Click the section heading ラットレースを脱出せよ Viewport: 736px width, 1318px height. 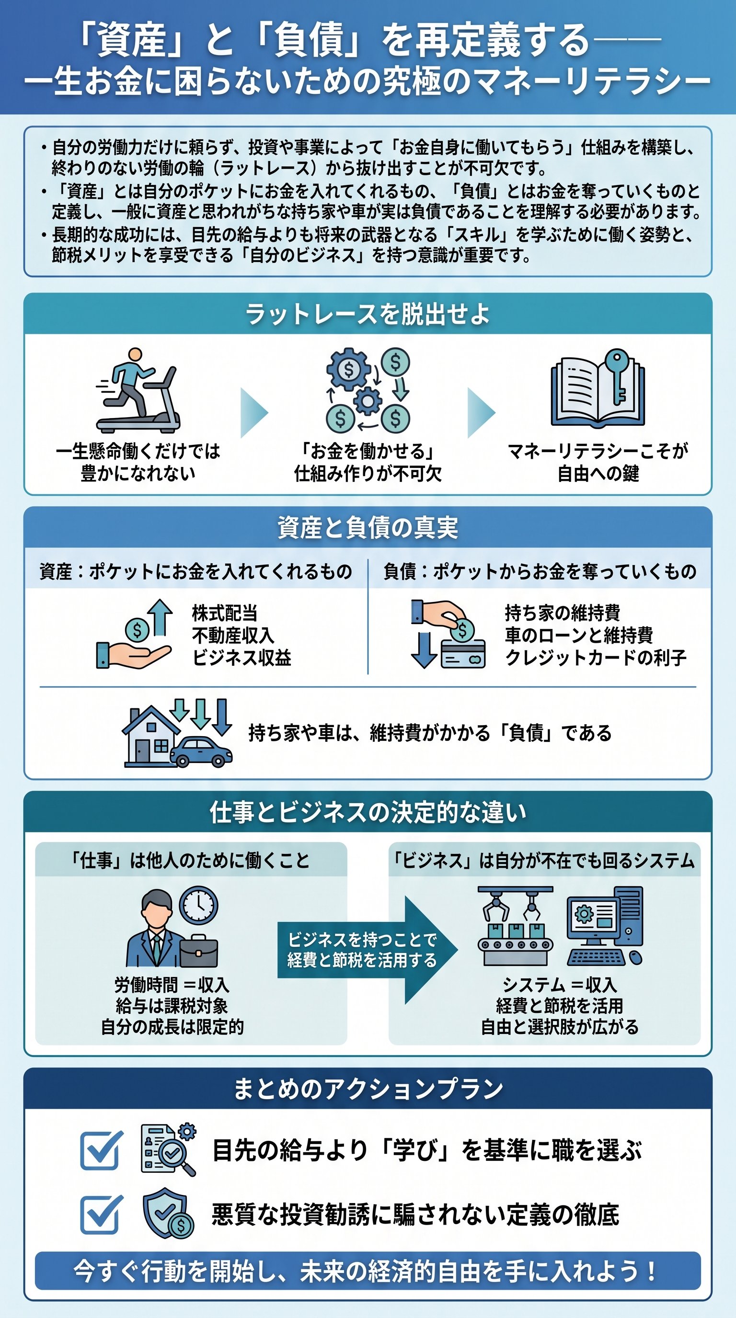(x=368, y=314)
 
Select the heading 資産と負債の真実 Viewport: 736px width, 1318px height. (x=368, y=527)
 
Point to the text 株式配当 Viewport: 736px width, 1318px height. (x=224, y=613)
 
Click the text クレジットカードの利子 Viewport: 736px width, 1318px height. (x=595, y=658)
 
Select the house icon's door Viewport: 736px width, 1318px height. (x=142, y=750)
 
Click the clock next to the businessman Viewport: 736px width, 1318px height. (x=198, y=905)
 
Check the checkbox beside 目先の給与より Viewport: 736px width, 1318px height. (x=101, y=1150)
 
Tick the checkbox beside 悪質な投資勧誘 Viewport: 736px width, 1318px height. (x=101, y=1214)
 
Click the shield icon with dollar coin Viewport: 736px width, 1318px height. (x=167, y=1213)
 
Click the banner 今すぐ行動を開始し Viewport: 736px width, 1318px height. (x=368, y=1271)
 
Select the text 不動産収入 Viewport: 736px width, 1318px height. (x=233, y=635)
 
